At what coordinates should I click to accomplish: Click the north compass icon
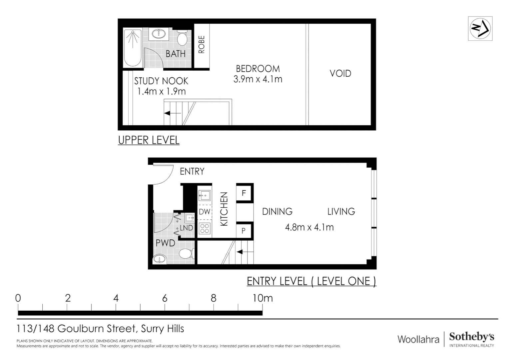(x=480, y=29)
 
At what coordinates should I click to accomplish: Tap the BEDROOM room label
(x=257, y=69)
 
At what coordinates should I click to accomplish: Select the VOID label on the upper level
(x=340, y=73)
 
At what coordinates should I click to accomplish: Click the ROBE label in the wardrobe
(x=202, y=45)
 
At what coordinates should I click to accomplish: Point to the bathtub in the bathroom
(x=133, y=48)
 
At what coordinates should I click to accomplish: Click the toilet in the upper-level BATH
(x=182, y=38)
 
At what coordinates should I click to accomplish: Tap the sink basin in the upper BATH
(x=160, y=33)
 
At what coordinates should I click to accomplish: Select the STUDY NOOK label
(x=161, y=81)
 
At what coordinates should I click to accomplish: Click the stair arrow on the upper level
(x=172, y=113)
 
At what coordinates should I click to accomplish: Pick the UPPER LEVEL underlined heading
(x=149, y=140)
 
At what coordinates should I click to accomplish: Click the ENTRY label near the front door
(x=192, y=171)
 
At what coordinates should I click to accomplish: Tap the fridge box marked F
(x=244, y=193)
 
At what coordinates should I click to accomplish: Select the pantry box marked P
(x=244, y=231)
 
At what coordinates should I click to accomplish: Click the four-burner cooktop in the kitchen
(x=205, y=229)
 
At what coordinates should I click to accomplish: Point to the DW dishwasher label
(x=205, y=212)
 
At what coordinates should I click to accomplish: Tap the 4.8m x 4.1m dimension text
(x=309, y=227)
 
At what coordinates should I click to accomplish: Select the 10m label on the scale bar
(x=262, y=298)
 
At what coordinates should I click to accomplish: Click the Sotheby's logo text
(x=471, y=337)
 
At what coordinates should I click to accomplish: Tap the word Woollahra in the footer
(x=418, y=339)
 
